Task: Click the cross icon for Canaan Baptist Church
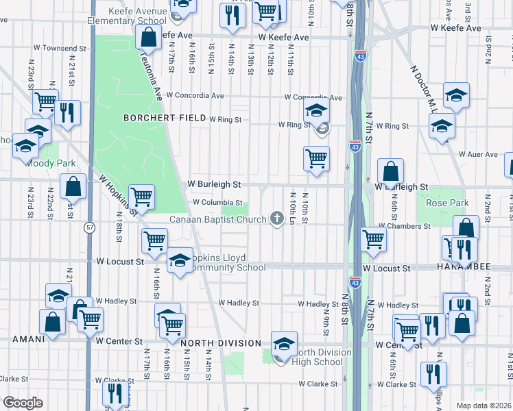click(x=277, y=219)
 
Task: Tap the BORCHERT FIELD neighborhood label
click(x=165, y=118)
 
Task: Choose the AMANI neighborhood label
click(x=28, y=338)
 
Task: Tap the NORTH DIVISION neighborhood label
click(x=221, y=342)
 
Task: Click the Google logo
click(x=23, y=402)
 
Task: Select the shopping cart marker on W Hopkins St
click(x=141, y=196)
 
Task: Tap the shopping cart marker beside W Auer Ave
click(x=315, y=158)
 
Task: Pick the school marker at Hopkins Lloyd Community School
click(x=180, y=260)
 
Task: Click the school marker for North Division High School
click(x=283, y=345)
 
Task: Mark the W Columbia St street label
click(x=218, y=203)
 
